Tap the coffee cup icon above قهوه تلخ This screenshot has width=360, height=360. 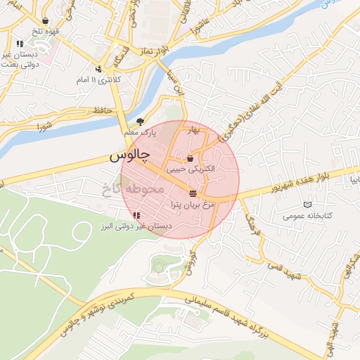point(46,21)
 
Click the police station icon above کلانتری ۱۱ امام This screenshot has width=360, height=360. point(98,69)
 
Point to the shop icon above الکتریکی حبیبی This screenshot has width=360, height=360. point(191,159)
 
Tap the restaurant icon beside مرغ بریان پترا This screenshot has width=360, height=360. point(193,193)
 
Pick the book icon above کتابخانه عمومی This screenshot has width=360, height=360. point(306,205)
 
